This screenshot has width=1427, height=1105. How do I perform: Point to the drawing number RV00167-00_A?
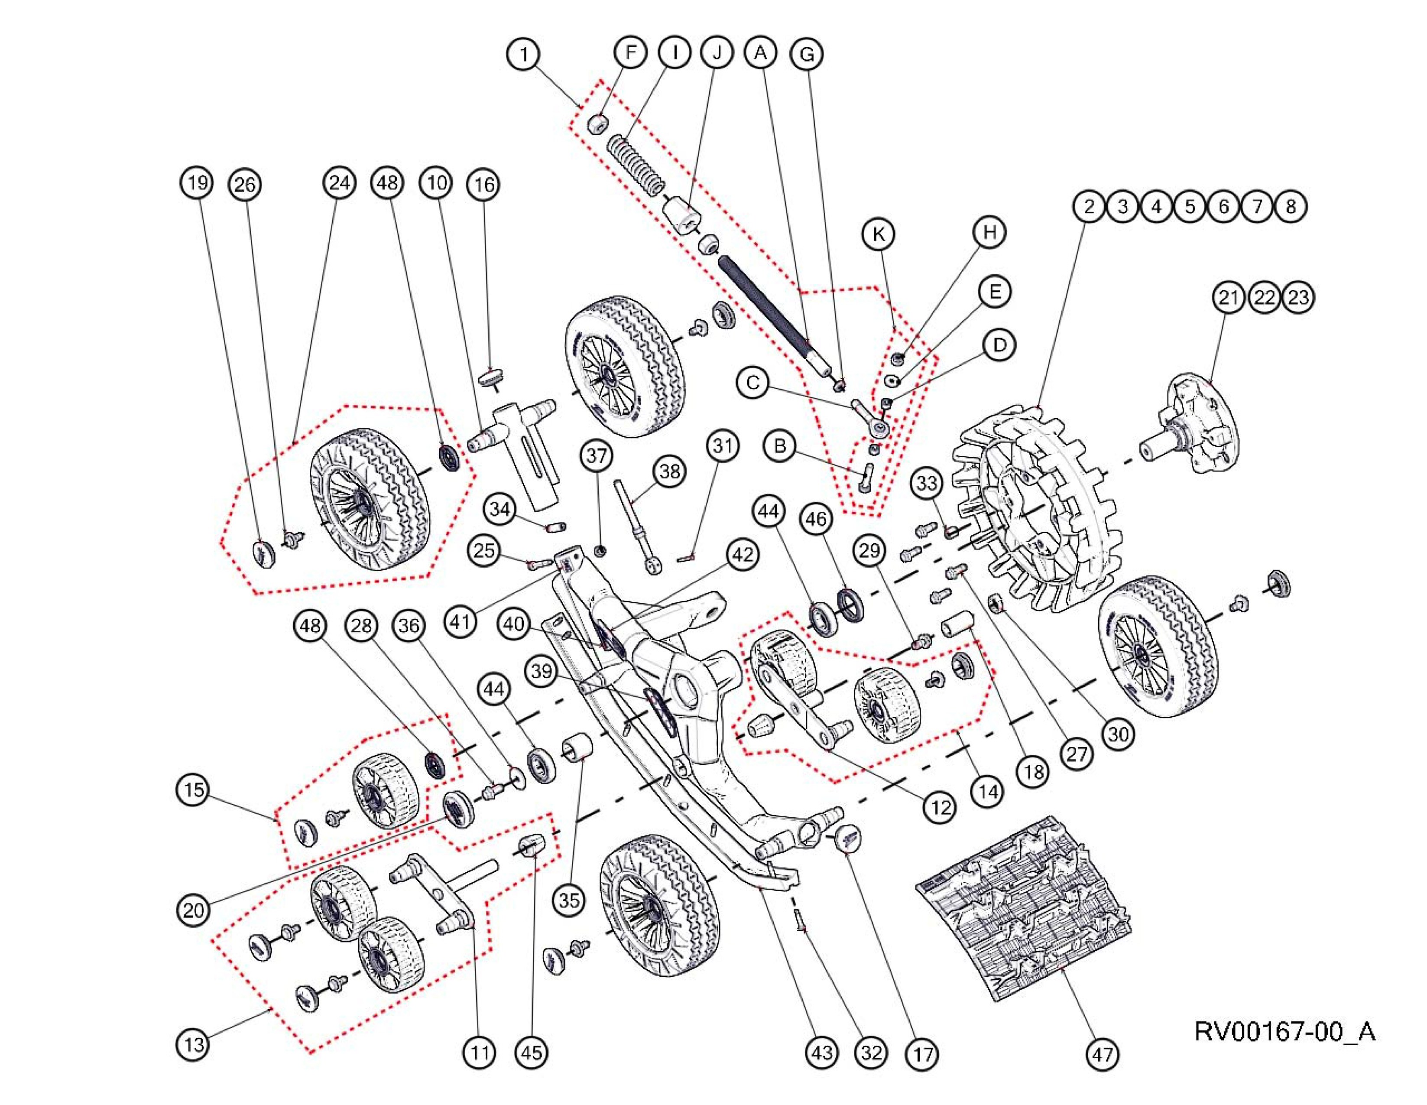click(x=1284, y=1031)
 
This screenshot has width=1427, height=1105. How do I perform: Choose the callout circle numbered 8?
click(x=1291, y=207)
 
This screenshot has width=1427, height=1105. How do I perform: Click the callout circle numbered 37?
click(x=597, y=455)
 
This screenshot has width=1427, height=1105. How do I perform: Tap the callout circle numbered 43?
click(x=821, y=1053)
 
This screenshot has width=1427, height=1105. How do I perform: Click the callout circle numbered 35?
click(x=569, y=900)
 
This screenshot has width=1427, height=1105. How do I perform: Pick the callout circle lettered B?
click(x=779, y=446)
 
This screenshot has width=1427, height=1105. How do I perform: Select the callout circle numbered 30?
click(x=1119, y=734)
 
